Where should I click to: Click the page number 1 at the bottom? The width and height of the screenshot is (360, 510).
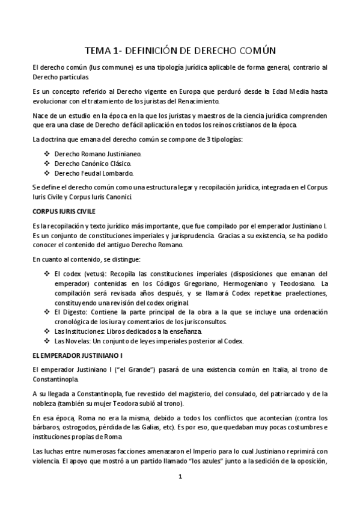pos(180,477)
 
